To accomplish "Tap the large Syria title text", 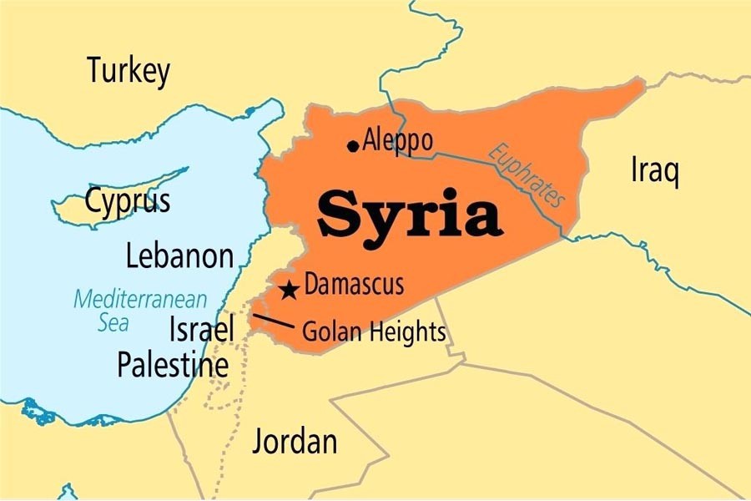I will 409,214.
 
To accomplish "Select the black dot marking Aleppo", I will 352,146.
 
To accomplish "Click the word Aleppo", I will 398,140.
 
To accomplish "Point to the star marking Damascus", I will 289,290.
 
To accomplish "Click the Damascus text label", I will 354,285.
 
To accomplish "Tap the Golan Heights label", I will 373,332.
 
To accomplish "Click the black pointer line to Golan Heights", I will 273,321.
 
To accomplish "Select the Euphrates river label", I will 527,176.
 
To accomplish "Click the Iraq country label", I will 654,171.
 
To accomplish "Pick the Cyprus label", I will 128,201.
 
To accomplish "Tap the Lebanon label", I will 179,256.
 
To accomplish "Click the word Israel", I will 201,329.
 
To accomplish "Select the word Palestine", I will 172,365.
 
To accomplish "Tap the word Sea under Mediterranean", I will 113,322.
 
